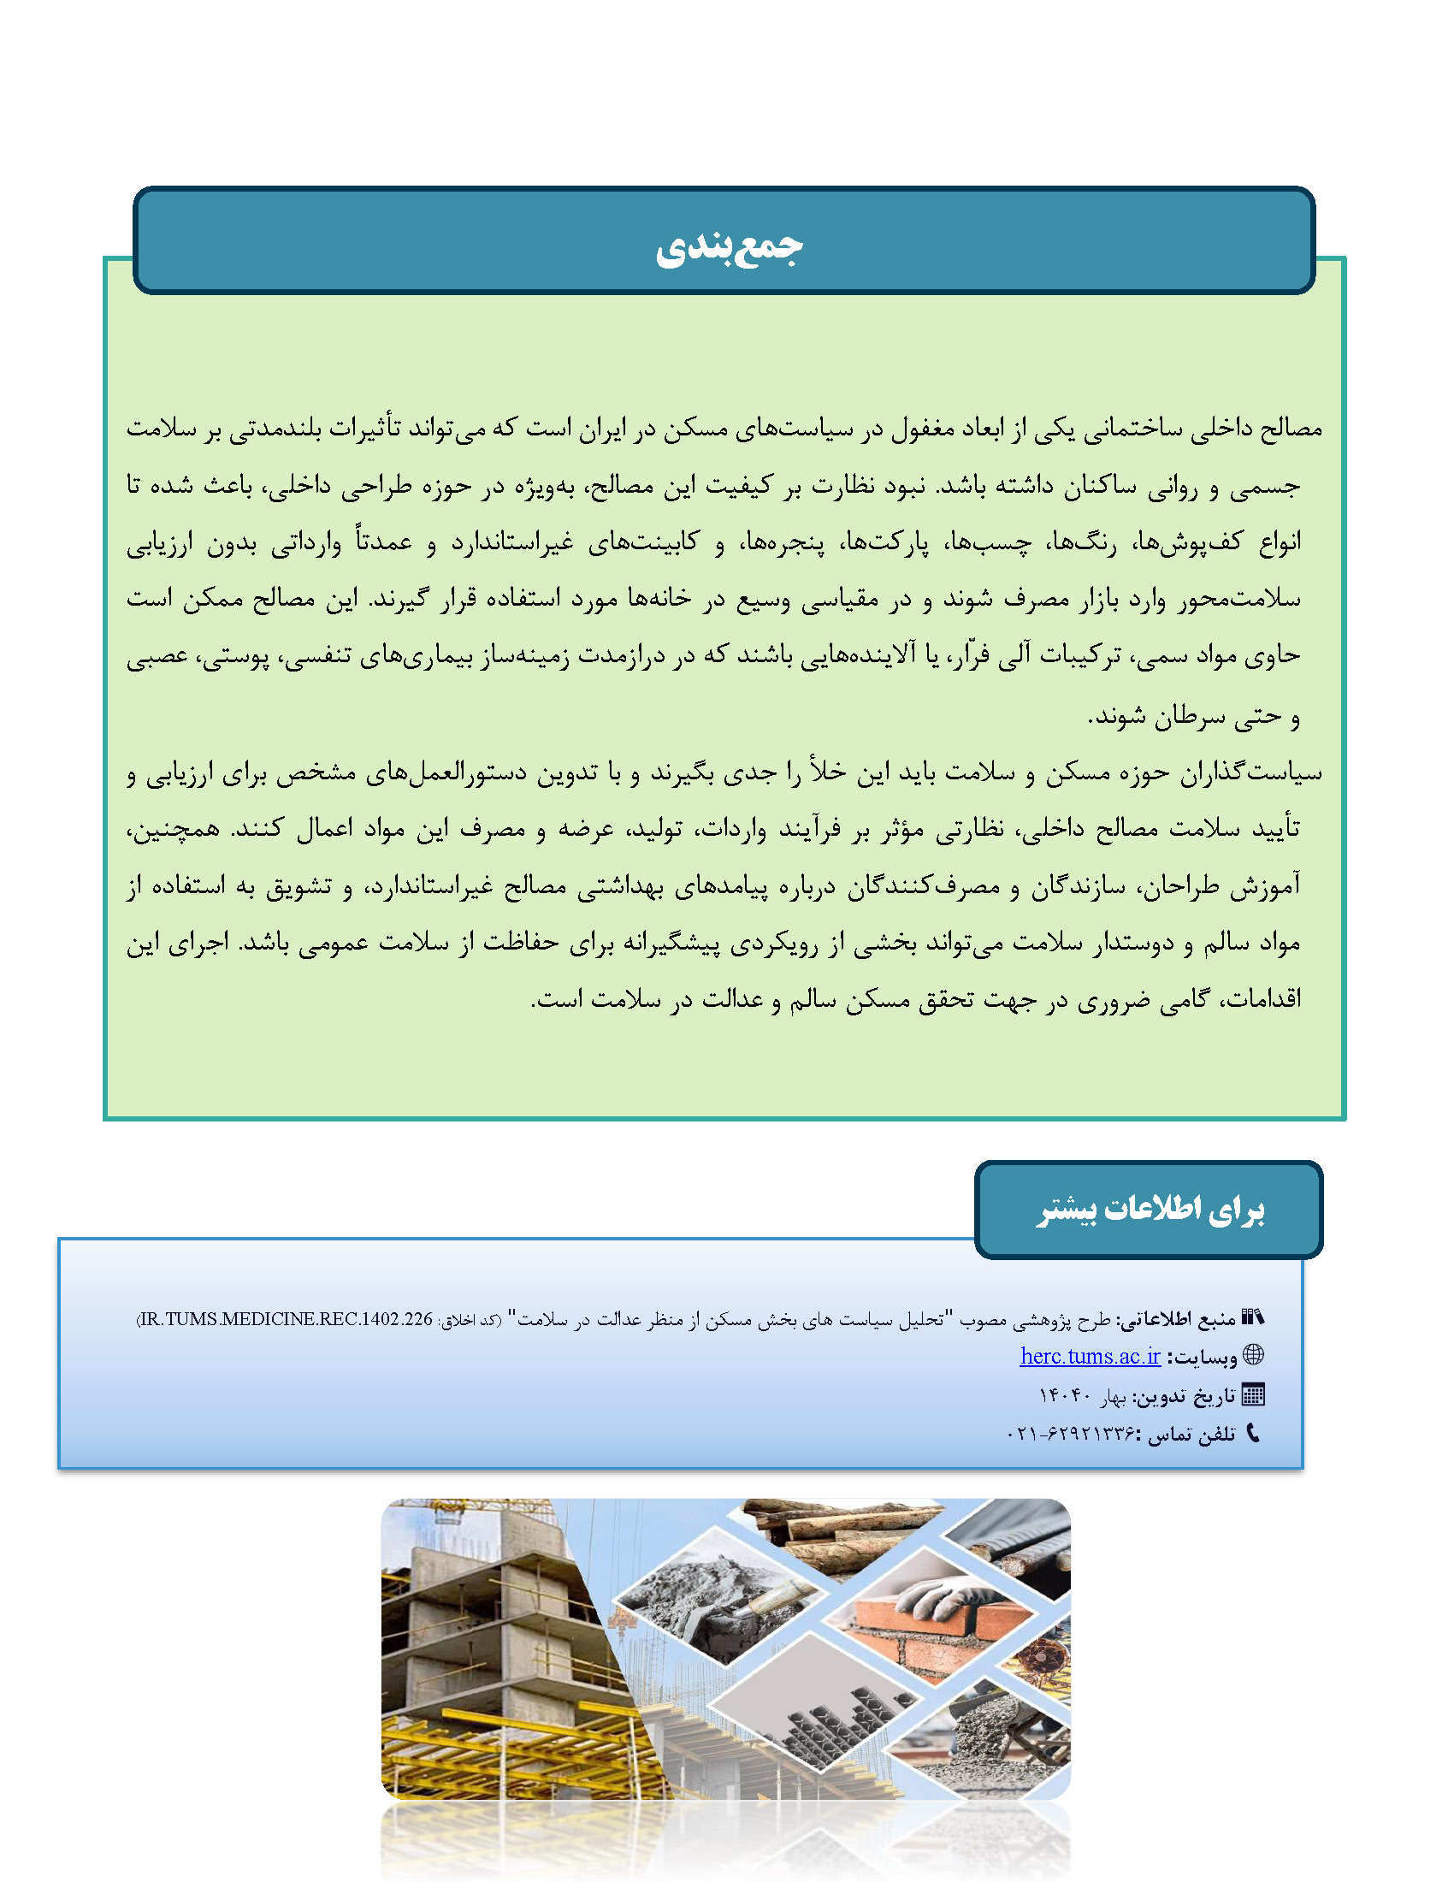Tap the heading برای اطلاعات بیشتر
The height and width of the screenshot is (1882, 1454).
[x=1150, y=1210]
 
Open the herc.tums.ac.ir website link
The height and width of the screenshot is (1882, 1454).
[x=1090, y=1357]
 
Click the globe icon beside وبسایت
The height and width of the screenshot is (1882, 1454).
[x=1254, y=1355]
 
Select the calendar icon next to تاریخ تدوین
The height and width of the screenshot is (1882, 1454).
[x=1253, y=1394]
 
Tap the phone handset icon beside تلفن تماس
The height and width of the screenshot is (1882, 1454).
[x=1253, y=1433]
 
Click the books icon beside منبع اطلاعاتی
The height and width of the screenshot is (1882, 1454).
[x=1252, y=1317]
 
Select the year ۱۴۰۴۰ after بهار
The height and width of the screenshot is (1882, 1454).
[x=1065, y=1395]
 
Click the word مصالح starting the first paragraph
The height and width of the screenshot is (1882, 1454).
[x=1291, y=429]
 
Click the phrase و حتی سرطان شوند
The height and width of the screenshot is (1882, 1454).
[x=1194, y=716]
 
